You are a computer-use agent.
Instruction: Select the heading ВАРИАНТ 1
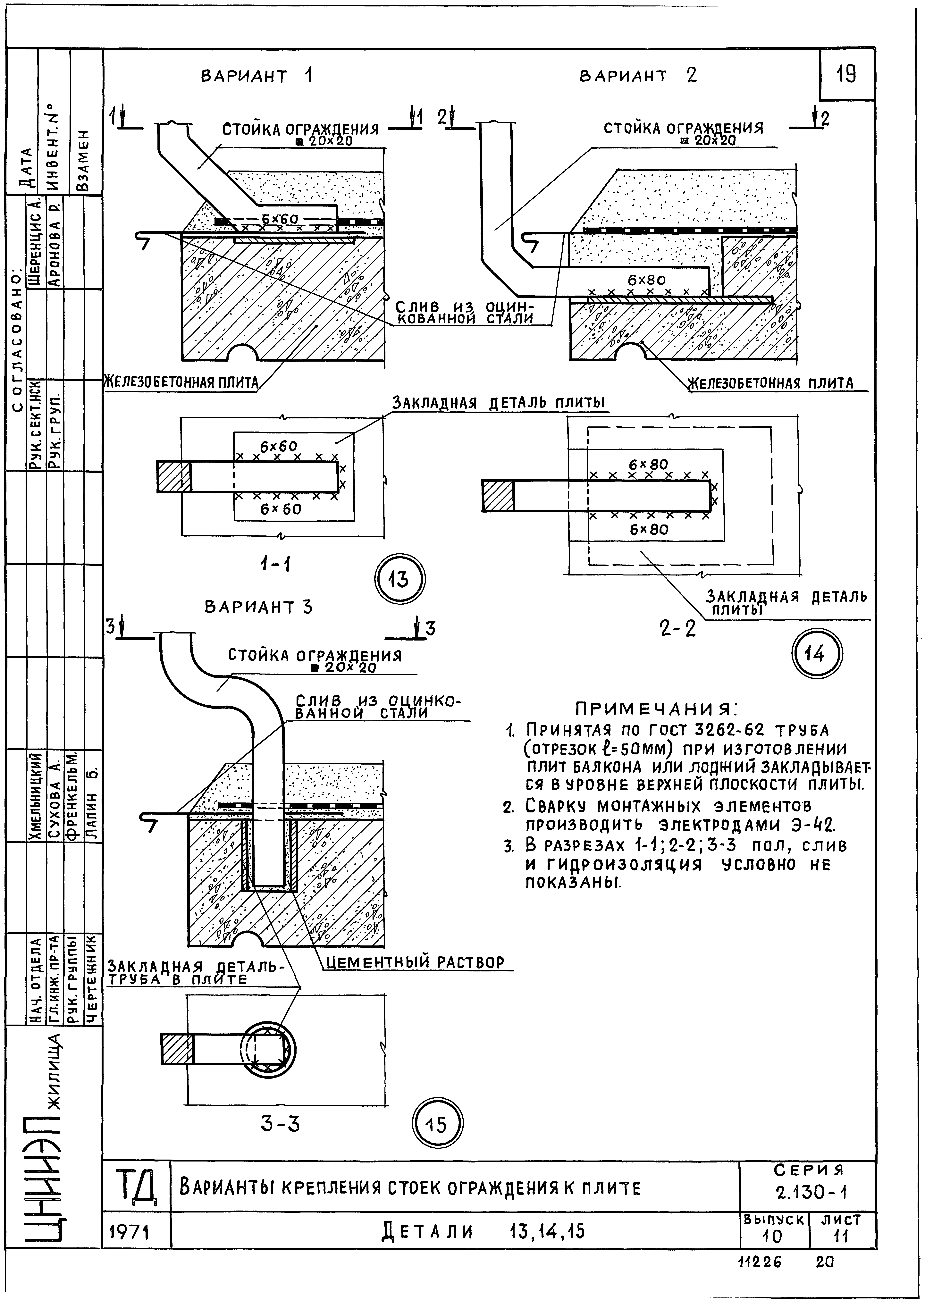coord(256,76)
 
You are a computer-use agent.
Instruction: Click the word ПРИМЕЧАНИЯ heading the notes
coord(656,709)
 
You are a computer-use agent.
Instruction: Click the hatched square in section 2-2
coord(498,495)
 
